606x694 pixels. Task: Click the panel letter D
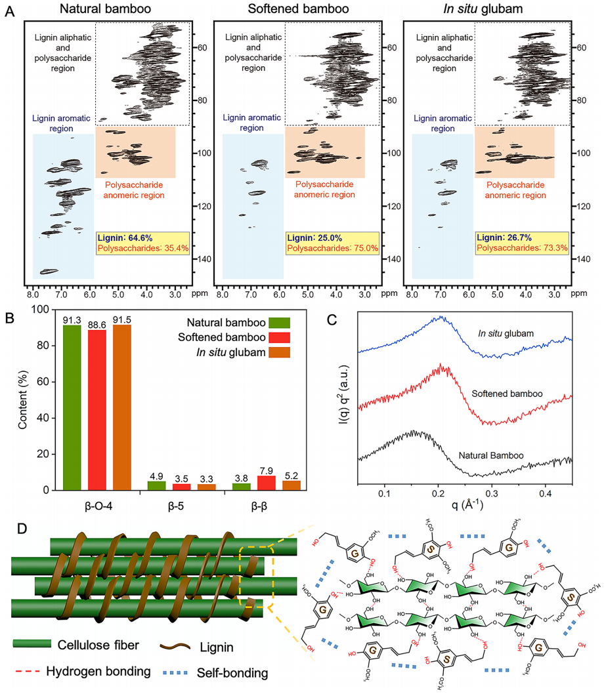[11, 529]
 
